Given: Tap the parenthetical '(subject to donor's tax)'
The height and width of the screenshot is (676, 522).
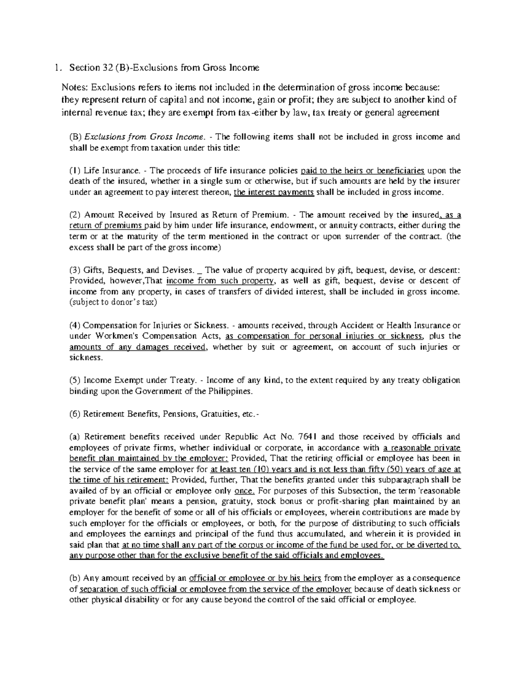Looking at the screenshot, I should point(113,303).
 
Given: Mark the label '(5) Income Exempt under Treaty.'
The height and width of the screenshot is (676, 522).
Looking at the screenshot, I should point(132,380).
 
